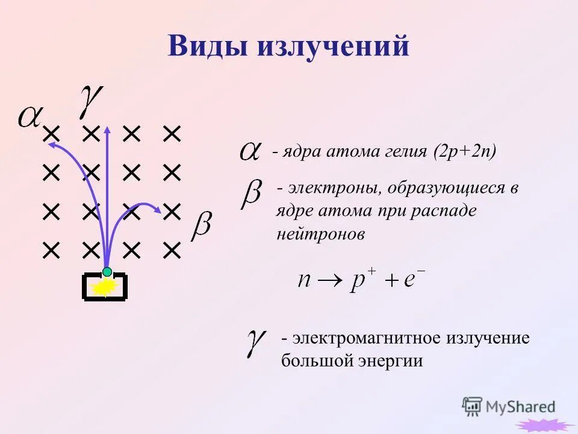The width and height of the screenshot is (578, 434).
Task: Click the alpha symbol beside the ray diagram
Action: (29, 116)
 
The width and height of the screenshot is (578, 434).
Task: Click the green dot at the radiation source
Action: (107, 271)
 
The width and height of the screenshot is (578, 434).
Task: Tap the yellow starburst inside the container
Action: (104, 287)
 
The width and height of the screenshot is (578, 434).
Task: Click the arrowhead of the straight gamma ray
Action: (107, 128)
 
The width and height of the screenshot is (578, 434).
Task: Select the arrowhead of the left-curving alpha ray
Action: (52, 145)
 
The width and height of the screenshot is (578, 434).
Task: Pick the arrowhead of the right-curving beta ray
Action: (158, 210)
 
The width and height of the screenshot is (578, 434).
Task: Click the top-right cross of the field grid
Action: (172, 133)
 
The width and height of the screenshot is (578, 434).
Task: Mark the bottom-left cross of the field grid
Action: (51, 250)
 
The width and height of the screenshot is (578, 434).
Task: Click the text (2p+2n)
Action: (464, 151)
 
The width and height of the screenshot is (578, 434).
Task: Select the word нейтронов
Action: (321, 234)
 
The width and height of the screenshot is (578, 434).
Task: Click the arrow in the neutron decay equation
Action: (331, 281)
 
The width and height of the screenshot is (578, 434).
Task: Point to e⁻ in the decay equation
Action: (414, 279)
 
